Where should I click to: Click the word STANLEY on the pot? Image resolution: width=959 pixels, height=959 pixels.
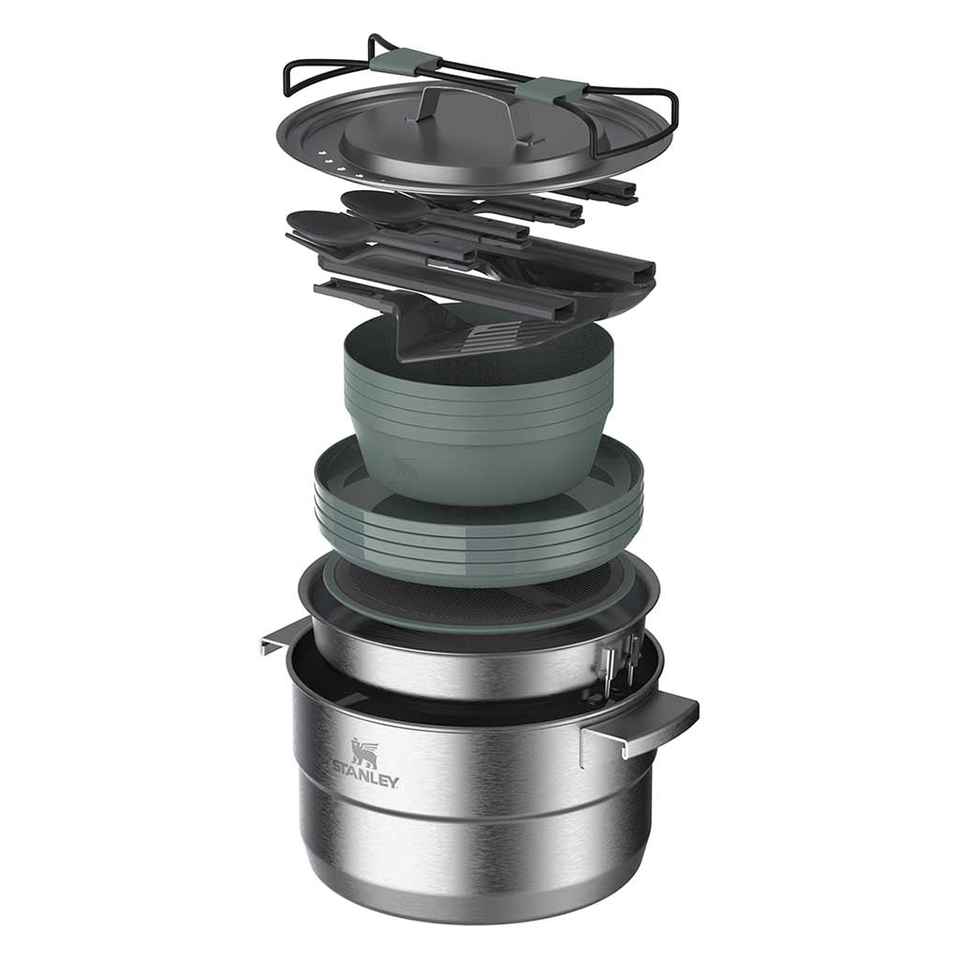(x=366, y=775)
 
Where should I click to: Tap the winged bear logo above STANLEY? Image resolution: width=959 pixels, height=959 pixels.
(x=364, y=752)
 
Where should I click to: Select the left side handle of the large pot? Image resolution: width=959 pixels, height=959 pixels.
(x=285, y=637)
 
